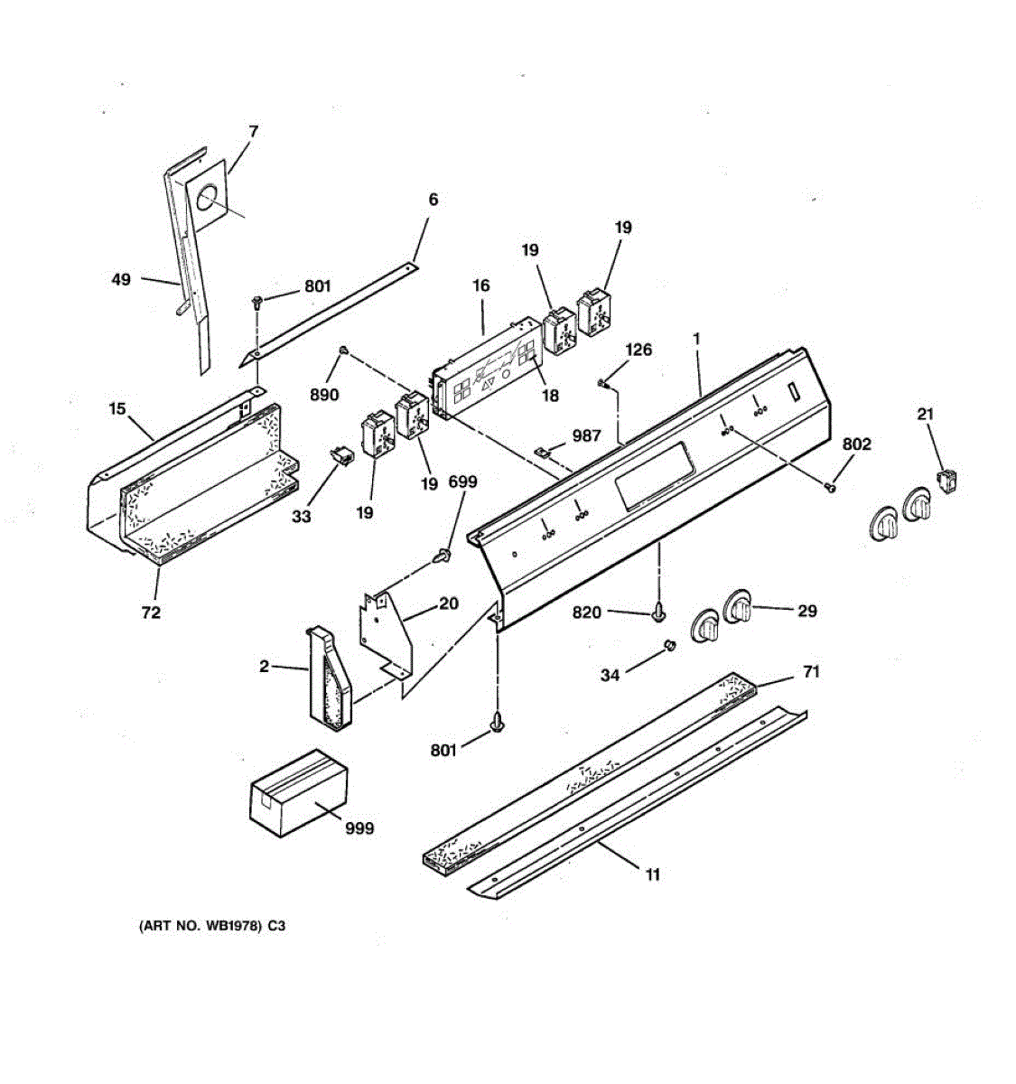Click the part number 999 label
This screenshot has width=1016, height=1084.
click(x=359, y=827)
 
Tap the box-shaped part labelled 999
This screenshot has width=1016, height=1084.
click(x=299, y=792)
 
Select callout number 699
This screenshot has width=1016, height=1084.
click(x=462, y=482)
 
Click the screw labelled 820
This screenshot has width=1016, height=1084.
click(x=659, y=613)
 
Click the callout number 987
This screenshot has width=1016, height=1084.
click(x=586, y=435)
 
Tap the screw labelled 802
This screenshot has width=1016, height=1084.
click(x=830, y=487)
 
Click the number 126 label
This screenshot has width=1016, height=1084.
click(x=638, y=350)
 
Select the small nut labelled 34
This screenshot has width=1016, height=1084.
click(x=670, y=645)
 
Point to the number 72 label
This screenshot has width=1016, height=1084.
click(x=151, y=612)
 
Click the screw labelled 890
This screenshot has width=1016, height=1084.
click(x=343, y=350)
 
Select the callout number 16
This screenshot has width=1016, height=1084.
click(x=480, y=285)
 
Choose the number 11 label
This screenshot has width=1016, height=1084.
click(x=652, y=874)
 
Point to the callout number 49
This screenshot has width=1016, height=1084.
click(x=121, y=279)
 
